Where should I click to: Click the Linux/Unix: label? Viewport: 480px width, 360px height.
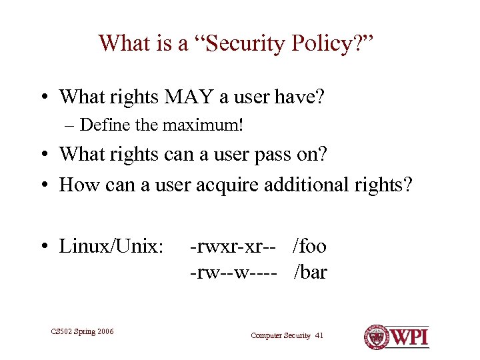click(111, 247)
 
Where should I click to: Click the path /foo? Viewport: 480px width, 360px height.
click(309, 247)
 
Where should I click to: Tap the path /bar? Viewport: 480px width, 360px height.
click(310, 272)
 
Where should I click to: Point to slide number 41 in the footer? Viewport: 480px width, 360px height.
click(319, 335)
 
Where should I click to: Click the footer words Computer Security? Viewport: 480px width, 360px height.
click(281, 335)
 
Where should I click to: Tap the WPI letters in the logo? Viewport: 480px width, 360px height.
click(407, 336)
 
